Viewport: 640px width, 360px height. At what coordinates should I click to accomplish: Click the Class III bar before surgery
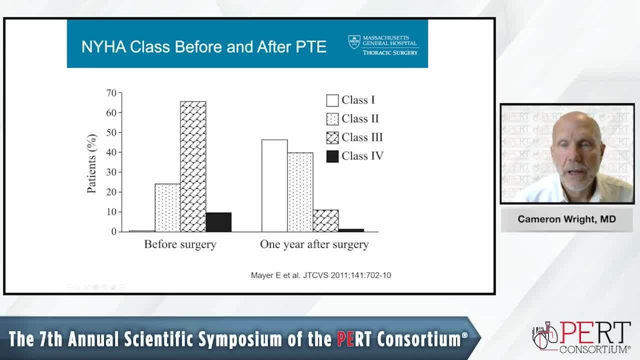[x=193, y=166]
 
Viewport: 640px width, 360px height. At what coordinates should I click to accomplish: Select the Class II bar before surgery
[x=167, y=207]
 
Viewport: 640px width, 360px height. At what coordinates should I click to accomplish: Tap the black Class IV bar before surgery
[x=218, y=222]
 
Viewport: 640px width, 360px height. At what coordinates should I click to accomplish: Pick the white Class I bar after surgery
[x=274, y=185]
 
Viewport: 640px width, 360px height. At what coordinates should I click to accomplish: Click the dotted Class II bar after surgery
[x=300, y=192]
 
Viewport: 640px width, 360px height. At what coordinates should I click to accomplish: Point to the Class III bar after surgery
[x=325, y=221]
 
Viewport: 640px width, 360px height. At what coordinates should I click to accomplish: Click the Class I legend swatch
[x=332, y=100]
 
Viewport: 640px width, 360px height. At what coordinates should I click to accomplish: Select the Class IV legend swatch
[x=332, y=156]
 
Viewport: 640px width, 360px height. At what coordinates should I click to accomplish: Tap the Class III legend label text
[x=362, y=137]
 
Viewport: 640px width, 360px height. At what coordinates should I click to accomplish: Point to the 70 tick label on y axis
[x=111, y=93]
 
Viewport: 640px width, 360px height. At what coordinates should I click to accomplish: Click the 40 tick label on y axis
[x=111, y=152]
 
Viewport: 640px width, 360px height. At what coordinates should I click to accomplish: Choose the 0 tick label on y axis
[x=114, y=231]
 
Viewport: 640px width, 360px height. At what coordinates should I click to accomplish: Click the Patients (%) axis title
[x=91, y=163]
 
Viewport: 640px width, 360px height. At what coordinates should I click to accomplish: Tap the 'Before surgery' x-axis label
[x=180, y=244]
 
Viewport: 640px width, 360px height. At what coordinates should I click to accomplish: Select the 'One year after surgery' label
[x=314, y=244]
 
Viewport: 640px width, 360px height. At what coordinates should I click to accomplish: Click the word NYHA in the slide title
[x=103, y=47]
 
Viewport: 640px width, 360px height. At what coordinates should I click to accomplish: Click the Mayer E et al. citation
[x=321, y=275]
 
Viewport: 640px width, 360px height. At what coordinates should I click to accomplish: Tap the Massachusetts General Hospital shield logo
[x=354, y=41]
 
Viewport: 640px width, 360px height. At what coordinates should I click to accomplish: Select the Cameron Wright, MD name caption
[x=566, y=219]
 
